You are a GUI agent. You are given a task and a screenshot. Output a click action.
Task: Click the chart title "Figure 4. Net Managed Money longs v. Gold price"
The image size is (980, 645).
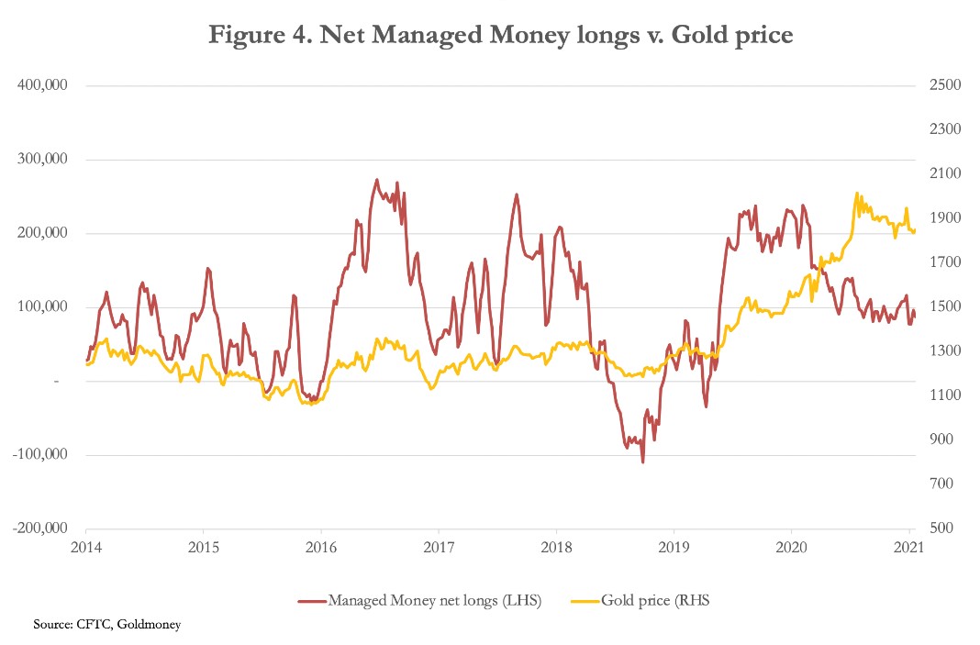[500, 36]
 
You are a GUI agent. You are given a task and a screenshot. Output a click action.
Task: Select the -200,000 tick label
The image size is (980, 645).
[40, 528]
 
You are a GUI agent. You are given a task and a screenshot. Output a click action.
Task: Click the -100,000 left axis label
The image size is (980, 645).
[40, 455]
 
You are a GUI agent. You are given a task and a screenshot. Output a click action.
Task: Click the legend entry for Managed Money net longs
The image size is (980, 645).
[419, 601]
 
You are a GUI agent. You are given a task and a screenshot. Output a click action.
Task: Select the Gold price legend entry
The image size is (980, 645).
[642, 601]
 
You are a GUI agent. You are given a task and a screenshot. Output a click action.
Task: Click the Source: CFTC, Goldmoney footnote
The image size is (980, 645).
[107, 625]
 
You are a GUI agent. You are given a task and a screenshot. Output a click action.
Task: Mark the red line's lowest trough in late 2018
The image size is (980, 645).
[642, 462]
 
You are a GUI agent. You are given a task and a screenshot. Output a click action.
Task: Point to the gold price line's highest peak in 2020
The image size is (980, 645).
[856, 194]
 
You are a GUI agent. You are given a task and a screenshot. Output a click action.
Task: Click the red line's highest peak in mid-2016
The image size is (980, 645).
[377, 180]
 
